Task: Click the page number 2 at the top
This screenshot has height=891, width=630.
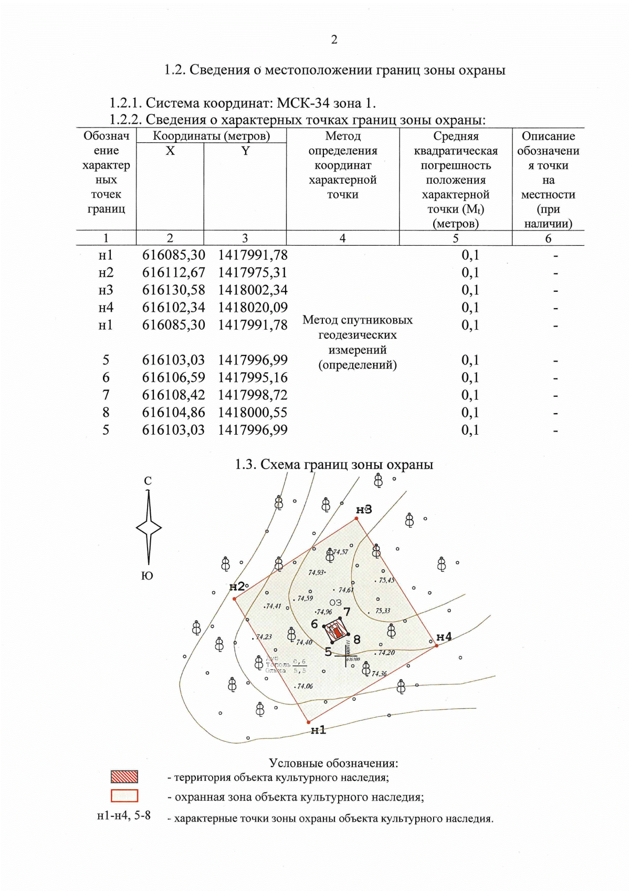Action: coord(334,40)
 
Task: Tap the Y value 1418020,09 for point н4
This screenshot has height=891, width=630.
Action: coord(253,307)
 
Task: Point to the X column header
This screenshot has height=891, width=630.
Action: coord(170,151)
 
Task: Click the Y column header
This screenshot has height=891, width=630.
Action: coord(245,151)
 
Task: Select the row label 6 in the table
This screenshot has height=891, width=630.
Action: coord(106,378)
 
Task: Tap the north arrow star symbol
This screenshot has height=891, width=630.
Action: coord(149,528)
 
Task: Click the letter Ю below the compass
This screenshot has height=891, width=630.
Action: coord(148,576)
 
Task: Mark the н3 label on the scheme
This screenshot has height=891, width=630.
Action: coord(364,509)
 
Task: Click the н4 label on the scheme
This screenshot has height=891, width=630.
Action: coord(444,637)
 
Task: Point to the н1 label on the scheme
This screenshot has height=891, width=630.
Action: coord(318,730)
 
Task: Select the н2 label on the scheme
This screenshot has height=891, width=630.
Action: coord(237,586)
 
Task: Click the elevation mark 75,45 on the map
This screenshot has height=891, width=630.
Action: coord(386,580)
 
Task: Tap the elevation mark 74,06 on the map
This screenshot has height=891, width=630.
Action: coord(304,686)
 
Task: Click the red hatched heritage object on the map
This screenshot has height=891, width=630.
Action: coord(337,631)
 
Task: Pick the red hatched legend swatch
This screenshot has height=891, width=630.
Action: coord(124,777)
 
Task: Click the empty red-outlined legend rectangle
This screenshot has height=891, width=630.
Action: coord(124,796)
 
